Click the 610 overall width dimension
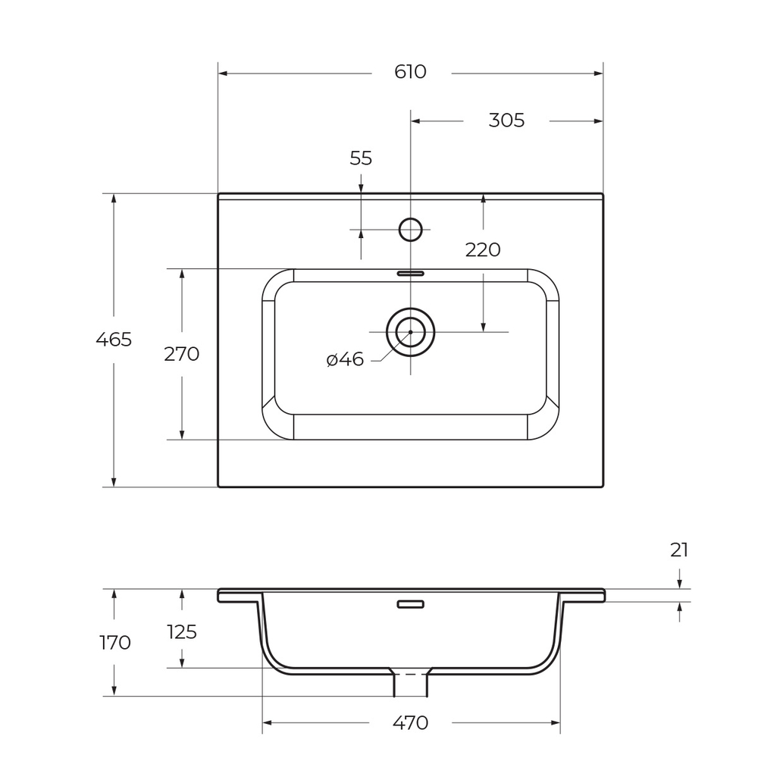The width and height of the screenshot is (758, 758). point(410,72)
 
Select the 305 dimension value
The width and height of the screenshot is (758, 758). point(506,121)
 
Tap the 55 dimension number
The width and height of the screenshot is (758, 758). point(361,158)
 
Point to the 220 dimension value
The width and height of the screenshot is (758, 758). point(482,250)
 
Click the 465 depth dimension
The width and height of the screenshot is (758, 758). point(114,340)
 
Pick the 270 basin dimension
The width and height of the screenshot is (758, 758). point(181,354)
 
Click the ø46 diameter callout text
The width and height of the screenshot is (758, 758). point(345,359)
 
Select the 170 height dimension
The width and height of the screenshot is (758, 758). point(114,643)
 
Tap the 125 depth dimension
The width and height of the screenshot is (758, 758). point(182,632)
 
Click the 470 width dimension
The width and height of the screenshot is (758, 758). point(410,723)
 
